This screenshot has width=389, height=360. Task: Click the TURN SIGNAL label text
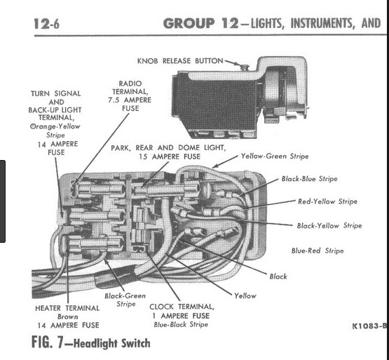(55, 93)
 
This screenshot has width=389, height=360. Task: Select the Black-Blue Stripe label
(309, 179)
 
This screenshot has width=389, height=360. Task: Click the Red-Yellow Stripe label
(327, 201)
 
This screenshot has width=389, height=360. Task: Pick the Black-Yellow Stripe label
(329, 225)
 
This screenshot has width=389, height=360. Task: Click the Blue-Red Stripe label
(318, 250)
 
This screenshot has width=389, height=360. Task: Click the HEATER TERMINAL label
(67, 307)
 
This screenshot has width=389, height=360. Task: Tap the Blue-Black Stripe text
(181, 324)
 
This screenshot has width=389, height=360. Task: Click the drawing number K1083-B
(369, 326)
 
